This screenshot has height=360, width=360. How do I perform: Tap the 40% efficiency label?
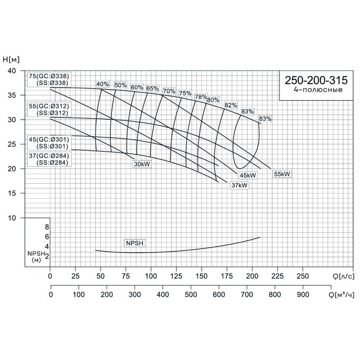[103, 84]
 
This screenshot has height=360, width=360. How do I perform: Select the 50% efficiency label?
[120, 85]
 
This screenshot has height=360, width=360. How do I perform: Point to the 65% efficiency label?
[153, 88]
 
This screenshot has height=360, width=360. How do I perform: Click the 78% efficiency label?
[201, 97]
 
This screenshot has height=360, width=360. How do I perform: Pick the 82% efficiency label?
[231, 105]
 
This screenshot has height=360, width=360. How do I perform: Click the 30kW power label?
[142, 164]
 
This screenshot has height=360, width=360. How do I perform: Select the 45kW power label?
[247, 175]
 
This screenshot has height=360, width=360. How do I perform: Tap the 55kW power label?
[282, 174]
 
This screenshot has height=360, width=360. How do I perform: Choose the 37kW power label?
[239, 185]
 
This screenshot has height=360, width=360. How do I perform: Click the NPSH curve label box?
[135, 243]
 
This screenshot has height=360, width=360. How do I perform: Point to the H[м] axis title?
[12, 59]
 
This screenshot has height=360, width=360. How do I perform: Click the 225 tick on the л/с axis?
[278, 275]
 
